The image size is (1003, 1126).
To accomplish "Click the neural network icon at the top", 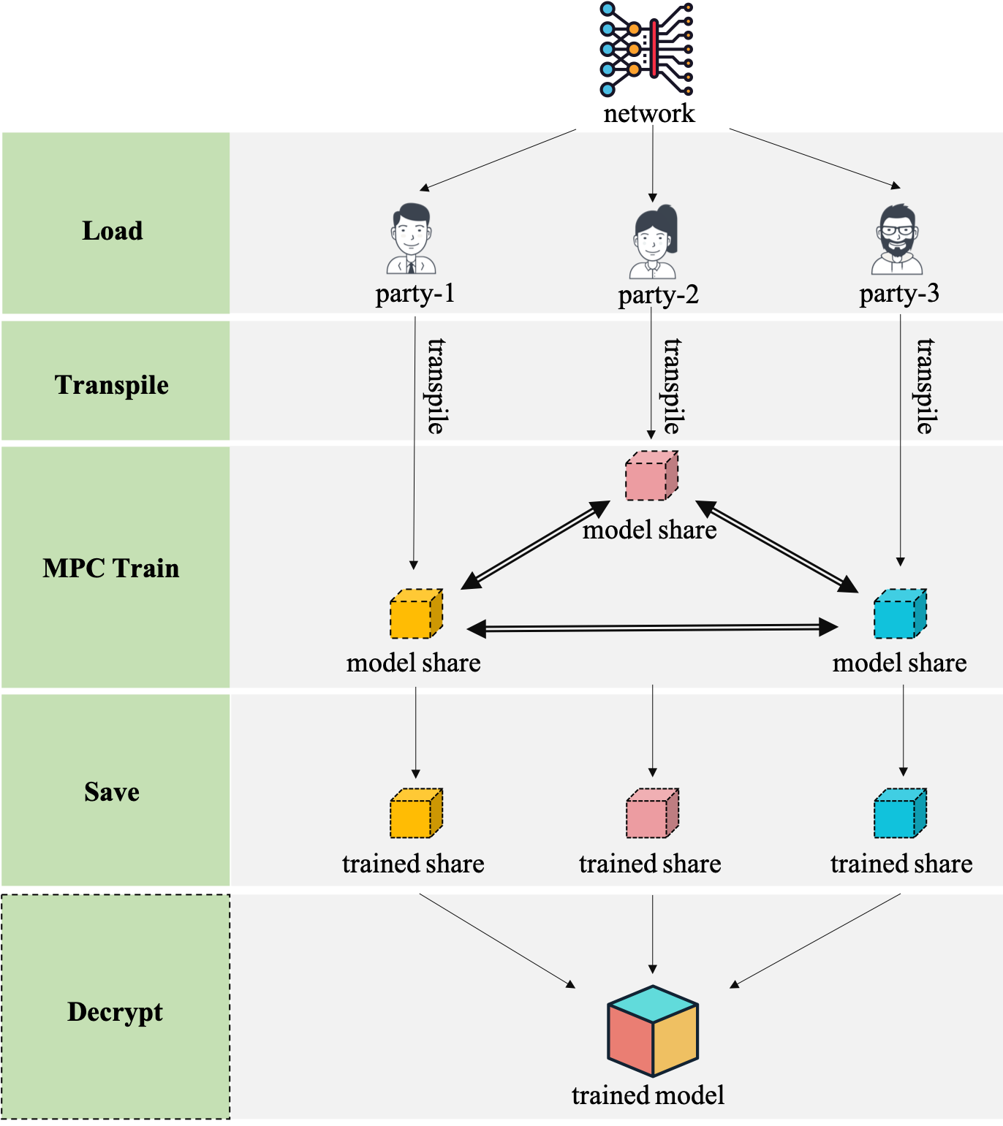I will (647, 49).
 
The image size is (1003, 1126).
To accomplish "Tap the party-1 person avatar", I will (411, 239).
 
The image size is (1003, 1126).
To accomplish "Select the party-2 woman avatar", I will (654, 242).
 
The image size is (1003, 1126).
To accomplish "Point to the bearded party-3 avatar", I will (897, 239).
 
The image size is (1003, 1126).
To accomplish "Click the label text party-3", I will (899, 294).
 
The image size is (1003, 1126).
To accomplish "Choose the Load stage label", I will (113, 231).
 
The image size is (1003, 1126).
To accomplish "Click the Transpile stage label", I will (112, 385).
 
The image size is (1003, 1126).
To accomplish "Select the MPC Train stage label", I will (111, 568).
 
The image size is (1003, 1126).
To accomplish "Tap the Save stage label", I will (112, 792).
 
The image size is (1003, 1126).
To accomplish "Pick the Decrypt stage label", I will (115, 1012).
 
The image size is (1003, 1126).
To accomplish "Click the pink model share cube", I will (651, 476).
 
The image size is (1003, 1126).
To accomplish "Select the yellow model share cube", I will (416, 614).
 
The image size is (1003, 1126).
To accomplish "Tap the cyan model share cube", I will (900, 614).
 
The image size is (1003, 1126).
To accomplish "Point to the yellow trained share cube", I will (416, 813).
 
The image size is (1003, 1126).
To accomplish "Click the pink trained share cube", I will (652, 813).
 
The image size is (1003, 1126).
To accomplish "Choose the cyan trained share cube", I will (900, 813).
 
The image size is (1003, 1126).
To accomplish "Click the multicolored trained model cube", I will (653, 1031).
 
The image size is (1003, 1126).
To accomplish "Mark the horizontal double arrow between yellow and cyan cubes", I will (652, 628).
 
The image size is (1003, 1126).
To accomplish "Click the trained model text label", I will (648, 1095).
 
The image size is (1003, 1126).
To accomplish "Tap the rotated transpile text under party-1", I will (436, 386).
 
